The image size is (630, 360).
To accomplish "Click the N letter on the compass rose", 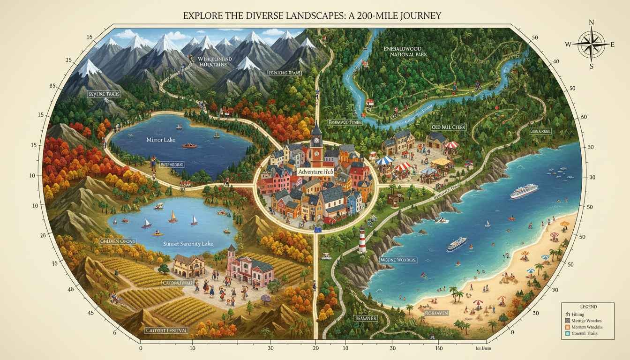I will coord(591,22).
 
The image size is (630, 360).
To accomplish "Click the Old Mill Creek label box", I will coord(448,127).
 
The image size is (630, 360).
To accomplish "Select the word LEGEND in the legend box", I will coord(588,307).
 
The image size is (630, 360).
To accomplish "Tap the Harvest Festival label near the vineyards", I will coord(167,330).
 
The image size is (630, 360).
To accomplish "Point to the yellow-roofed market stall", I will coord(441,162).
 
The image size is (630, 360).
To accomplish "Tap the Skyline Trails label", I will coord(104,94).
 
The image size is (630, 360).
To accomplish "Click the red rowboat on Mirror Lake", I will coord(189,145).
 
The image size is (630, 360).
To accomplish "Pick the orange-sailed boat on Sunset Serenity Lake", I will coord(173,217).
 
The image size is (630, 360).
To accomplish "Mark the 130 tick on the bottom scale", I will coord(439,348).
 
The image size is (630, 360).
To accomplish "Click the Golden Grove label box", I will coord(118,241).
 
